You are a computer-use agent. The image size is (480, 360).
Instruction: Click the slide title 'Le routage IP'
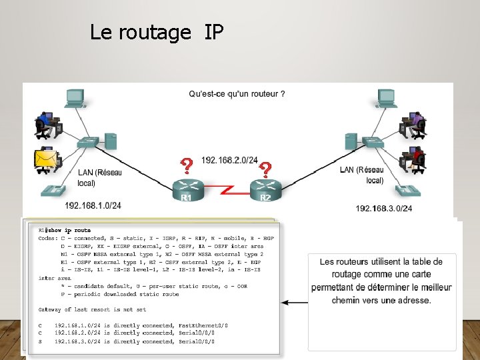point(157,32)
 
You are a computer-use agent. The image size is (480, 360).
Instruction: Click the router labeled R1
point(187,188)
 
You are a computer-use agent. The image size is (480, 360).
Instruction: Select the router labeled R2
point(265,188)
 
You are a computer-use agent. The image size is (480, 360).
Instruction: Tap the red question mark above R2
point(265,168)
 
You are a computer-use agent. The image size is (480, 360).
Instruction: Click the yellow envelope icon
point(45,159)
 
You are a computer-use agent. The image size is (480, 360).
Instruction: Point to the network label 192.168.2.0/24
point(229,161)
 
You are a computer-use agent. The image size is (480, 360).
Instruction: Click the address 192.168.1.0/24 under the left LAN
point(93,205)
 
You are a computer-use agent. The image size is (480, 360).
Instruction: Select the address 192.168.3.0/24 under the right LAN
point(383,209)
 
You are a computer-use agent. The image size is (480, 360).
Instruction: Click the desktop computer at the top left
point(73,98)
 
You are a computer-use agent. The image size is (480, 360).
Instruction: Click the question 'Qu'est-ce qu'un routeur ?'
point(237,94)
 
